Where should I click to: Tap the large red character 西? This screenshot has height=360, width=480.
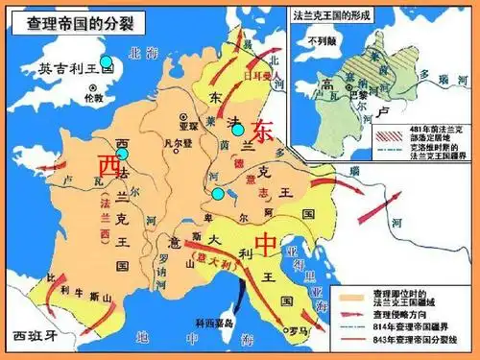(108, 166)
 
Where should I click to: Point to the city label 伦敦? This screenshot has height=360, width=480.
(92, 98)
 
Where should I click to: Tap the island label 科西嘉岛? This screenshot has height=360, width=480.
(234, 324)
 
